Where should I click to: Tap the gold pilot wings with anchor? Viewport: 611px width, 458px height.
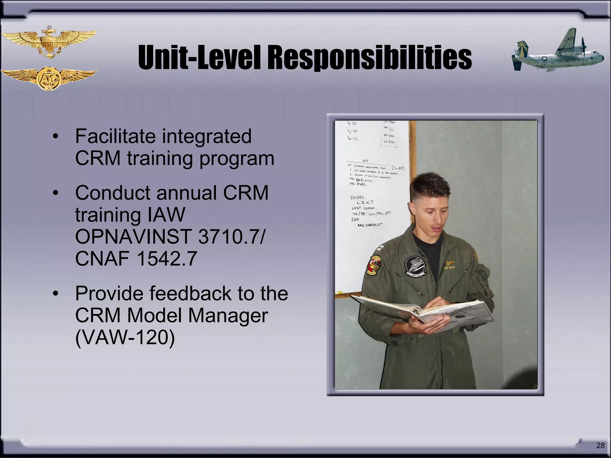[x=49, y=42]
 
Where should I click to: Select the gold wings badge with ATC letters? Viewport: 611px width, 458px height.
[x=49, y=78]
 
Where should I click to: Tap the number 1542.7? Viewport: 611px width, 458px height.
[x=166, y=258]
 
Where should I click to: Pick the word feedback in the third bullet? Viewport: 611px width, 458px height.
[x=190, y=293]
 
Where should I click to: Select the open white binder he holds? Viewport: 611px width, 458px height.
[x=424, y=312]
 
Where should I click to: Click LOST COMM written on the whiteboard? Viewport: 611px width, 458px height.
[x=363, y=208]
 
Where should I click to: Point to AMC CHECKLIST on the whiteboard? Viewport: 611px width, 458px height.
[x=370, y=225]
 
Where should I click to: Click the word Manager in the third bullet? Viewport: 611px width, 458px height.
[x=228, y=315]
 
